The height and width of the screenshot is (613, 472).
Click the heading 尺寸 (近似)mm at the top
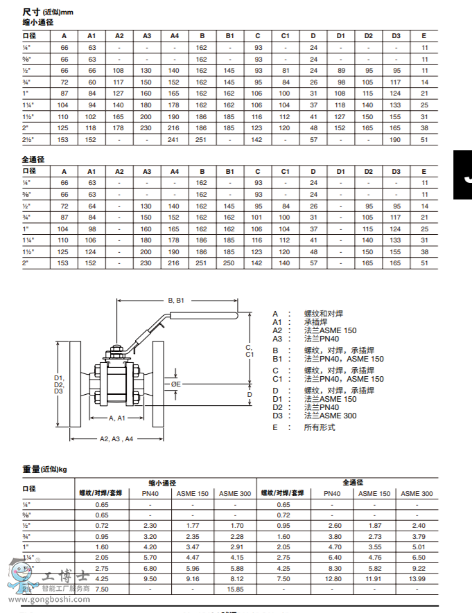[47, 12]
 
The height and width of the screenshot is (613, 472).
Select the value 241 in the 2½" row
[175, 139]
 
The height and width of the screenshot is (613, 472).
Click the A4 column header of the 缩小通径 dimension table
[175, 35]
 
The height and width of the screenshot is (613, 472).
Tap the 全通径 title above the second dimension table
[33, 159]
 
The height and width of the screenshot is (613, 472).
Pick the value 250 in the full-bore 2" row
[230, 263]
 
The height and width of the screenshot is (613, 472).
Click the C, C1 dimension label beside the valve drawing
[250, 350]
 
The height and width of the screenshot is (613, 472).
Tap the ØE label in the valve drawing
[176, 383]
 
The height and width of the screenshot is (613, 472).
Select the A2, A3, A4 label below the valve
[116, 438]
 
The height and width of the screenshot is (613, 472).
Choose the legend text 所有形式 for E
[320, 427]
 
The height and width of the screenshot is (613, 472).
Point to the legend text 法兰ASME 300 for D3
[331, 416]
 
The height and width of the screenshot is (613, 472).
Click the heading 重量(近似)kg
[44, 469]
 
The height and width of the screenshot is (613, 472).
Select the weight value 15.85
[235, 589]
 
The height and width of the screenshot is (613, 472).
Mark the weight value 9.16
[193, 578]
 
